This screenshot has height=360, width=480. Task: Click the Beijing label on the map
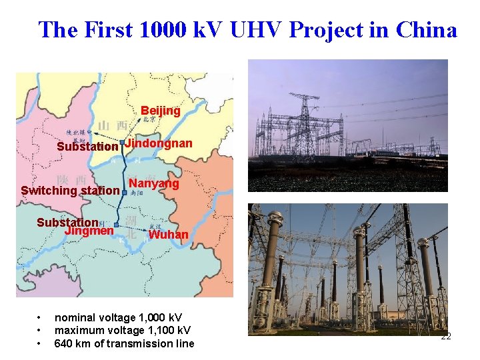[x=160, y=111]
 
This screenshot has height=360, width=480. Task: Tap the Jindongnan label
[x=159, y=143]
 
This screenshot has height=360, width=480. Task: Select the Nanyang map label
[x=154, y=183]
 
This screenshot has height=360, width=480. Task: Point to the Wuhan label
[x=168, y=235]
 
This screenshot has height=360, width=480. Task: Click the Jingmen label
[x=89, y=231]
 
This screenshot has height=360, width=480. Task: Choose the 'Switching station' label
[x=71, y=191]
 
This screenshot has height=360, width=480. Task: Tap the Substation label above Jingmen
[x=67, y=223]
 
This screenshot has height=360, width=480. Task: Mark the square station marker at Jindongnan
[x=122, y=143]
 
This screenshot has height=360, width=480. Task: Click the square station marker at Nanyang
[x=124, y=191]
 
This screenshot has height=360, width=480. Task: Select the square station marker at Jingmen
[x=117, y=226]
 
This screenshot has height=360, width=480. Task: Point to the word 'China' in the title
[x=426, y=30]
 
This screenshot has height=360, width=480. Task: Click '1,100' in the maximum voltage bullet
[x=157, y=331]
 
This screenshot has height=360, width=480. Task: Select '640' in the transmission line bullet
[x=63, y=344]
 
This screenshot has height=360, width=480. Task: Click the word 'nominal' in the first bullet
[x=75, y=318]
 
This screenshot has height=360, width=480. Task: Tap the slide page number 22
[x=446, y=337]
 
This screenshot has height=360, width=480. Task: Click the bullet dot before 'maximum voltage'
[x=40, y=331]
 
